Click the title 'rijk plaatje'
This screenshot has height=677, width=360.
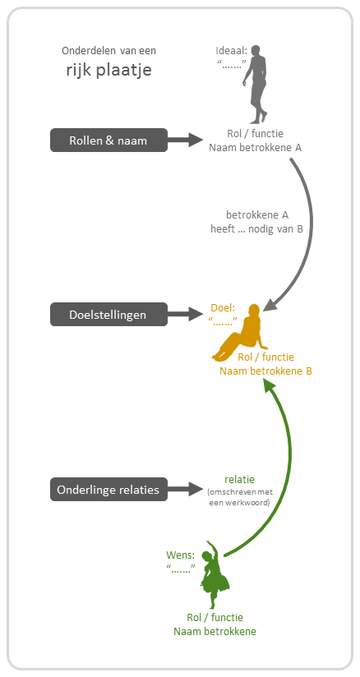point(109,70)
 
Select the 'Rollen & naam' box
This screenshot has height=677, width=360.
point(108,140)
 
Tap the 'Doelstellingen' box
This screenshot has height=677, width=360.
point(108,315)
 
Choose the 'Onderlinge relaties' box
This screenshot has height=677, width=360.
point(108,490)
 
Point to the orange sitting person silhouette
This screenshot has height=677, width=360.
point(240,333)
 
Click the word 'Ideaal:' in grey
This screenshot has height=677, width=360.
point(231,51)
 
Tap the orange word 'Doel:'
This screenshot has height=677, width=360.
point(224,308)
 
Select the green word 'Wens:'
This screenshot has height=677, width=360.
point(180,555)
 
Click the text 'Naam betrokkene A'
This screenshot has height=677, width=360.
point(255,148)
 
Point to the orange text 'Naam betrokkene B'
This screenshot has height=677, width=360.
point(265,371)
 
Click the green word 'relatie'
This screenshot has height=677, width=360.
point(239,479)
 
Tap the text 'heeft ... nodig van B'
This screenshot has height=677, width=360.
point(256,229)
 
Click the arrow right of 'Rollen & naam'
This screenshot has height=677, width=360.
point(185,140)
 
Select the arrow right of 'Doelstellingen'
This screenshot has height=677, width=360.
point(185,314)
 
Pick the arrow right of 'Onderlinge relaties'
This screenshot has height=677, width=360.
point(185,489)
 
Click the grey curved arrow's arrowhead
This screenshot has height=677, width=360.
point(270,303)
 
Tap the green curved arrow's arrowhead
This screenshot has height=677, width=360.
point(270,387)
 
